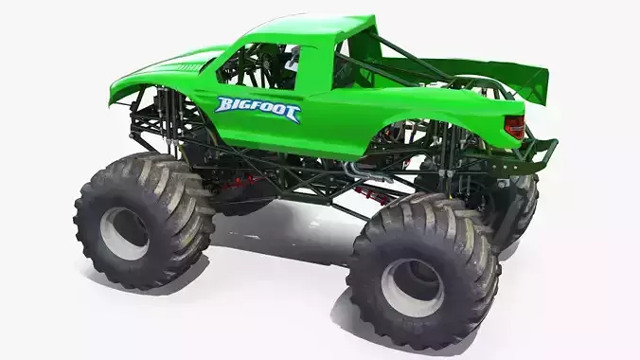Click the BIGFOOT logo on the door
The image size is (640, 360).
[x=258, y=109]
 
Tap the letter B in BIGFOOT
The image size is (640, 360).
[x=223, y=105]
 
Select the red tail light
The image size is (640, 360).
[x=514, y=126]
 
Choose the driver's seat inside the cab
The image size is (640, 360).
[x=284, y=62]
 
